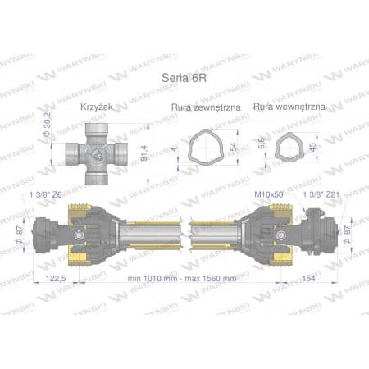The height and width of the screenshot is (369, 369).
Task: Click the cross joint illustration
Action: pos(98,150)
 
